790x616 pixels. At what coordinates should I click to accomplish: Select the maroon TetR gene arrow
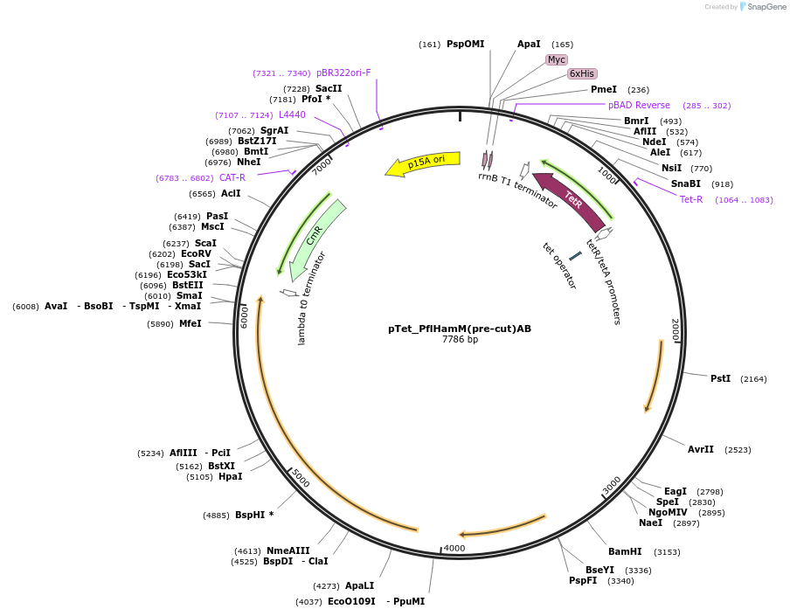point(570,200)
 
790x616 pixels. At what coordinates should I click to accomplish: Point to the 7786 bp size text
point(460,340)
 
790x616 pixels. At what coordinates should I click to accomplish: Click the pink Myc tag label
point(556,59)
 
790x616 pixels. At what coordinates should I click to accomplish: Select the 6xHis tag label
point(582,73)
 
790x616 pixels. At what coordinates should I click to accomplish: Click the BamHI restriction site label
point(625,551)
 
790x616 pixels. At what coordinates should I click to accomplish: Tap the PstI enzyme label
point(720,378)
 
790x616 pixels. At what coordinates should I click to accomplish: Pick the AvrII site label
point(700,449)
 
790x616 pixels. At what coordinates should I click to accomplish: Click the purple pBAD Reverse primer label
point(639,105)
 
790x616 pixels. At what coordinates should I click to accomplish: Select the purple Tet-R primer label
point(690,199)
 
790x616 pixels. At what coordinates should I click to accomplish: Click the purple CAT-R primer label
point(232,177)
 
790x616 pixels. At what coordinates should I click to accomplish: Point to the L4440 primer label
point(292,114)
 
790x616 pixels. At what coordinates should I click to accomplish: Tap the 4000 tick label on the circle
point(454,548)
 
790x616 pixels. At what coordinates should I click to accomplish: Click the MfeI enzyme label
point(190,323)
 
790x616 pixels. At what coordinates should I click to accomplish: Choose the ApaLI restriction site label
point(359,585)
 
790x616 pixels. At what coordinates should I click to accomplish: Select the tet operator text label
point(559,266)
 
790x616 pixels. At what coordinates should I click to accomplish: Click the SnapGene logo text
point(766,7)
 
